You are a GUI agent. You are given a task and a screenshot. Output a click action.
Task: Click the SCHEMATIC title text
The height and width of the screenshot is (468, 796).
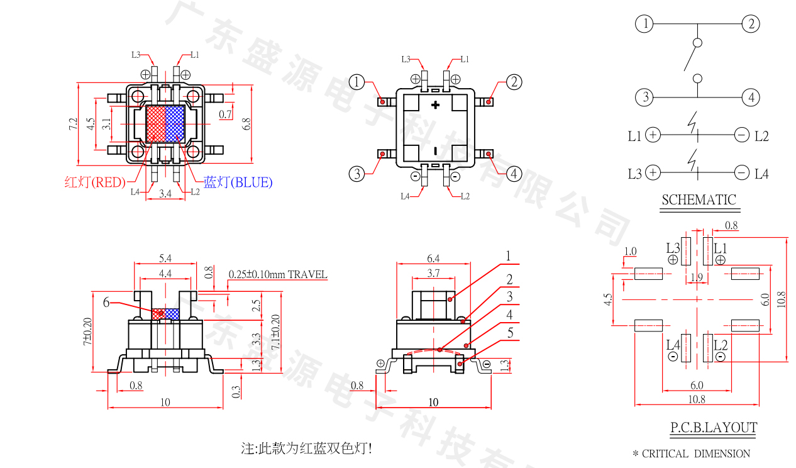click(x=698, y=200)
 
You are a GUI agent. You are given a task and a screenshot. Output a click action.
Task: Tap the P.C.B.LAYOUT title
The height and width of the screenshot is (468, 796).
click(x=713, y=428)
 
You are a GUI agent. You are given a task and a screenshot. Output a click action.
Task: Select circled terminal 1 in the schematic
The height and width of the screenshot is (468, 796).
click(x=644, y=25)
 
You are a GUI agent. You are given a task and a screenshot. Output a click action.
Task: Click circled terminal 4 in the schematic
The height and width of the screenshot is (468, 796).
click(x=751, y=98)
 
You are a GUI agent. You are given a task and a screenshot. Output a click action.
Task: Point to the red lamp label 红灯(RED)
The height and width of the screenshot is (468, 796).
click(x=95, y=182)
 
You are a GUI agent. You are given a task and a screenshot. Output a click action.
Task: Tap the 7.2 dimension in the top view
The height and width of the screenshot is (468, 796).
click(x=73, y=123)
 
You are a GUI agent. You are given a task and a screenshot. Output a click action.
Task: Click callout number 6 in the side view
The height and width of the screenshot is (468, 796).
click(x=106, y=303)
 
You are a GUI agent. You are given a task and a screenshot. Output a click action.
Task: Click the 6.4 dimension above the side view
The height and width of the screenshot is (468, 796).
click(x=433, y=259)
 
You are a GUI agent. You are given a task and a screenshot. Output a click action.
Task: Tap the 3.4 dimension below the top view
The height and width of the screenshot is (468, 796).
click(x=165, y=194)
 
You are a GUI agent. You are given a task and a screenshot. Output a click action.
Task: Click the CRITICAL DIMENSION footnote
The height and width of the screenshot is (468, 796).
click(x=691, y=454)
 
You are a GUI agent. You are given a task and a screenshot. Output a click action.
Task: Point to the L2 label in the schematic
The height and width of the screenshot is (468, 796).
click(x=761, y=136)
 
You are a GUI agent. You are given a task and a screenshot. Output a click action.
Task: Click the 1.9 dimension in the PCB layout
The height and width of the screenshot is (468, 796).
click(x=696, y=277)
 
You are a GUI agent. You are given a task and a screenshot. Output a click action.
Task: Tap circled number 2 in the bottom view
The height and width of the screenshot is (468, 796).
click(x=514, y=82)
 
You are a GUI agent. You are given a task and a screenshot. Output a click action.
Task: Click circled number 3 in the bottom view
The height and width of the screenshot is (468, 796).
click(x=357, y=174)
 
